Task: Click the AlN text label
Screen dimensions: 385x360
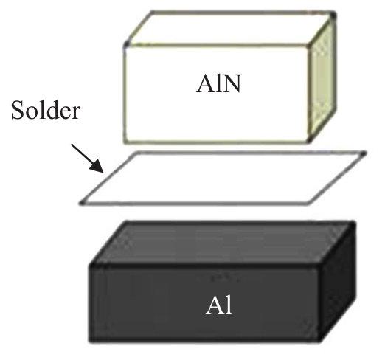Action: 218,83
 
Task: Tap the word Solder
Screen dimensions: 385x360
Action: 46,110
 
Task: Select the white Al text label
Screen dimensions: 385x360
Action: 219,305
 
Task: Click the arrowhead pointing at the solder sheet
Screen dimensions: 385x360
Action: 97,166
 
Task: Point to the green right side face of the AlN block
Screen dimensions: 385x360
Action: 322,79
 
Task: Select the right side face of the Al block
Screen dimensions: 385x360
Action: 338,282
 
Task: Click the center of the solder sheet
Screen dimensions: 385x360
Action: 223,178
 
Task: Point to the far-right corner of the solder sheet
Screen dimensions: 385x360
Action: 364,153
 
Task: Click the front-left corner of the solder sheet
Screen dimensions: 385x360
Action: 82,203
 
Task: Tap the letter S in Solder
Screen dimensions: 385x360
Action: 18,110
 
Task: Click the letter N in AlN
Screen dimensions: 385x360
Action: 232,84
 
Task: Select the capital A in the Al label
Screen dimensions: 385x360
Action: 215,305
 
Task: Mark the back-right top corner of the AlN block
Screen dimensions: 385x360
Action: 333,15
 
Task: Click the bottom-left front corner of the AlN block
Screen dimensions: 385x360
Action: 125,142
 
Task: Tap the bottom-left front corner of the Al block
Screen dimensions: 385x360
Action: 90,341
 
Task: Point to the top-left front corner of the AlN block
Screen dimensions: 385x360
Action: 126,45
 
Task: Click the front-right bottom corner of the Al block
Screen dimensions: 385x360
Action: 320,341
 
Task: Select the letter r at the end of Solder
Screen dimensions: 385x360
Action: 75,114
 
